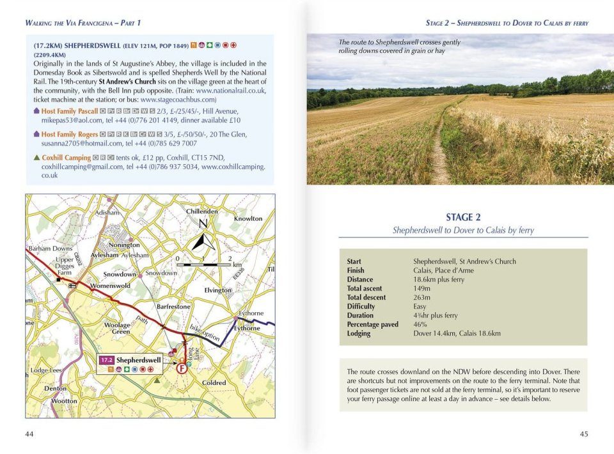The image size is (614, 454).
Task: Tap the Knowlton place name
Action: (248, 219)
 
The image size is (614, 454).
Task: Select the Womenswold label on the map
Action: (111, 285)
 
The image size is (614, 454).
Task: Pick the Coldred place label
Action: (214, 383)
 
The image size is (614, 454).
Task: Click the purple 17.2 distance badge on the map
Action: (106, 360)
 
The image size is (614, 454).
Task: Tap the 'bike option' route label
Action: (205, 332)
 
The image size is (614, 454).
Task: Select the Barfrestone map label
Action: (173, 306)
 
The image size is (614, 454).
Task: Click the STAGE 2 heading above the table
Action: (462, 217)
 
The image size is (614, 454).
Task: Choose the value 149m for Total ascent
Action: (421, 289)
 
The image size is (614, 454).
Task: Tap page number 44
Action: (29, 434)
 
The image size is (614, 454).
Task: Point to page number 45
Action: (583, 434)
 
